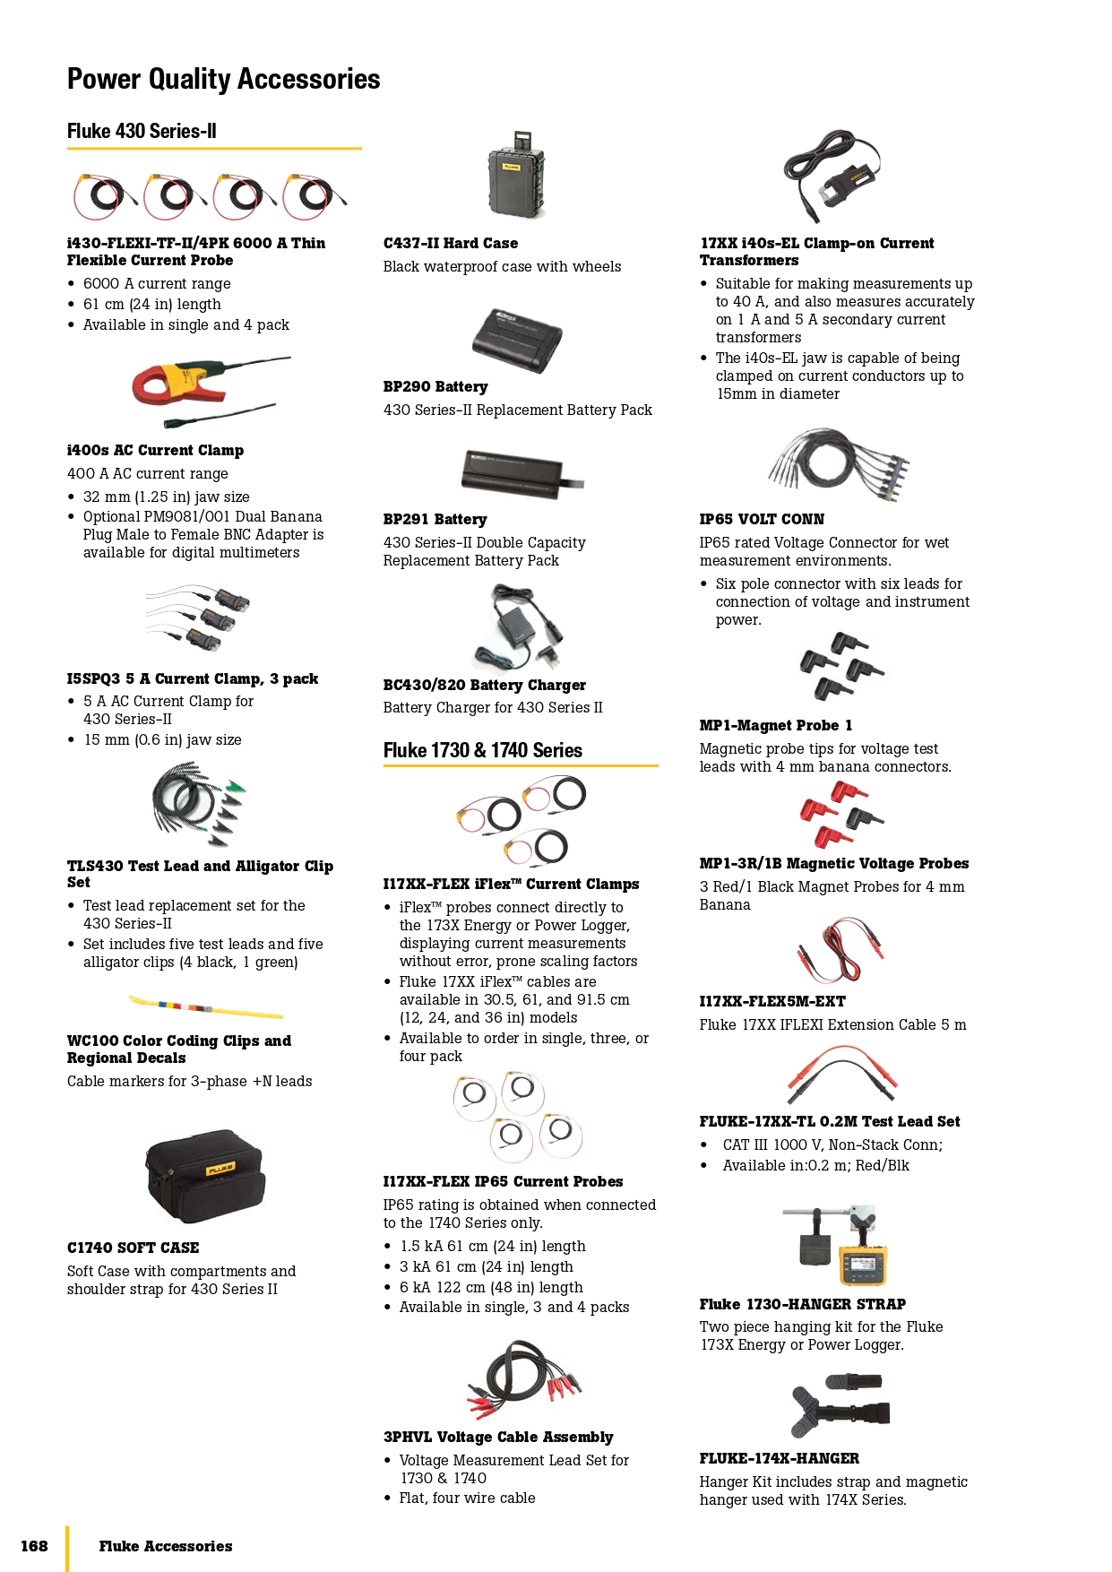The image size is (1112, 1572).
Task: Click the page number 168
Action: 34,1546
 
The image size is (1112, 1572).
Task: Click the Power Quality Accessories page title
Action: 223,79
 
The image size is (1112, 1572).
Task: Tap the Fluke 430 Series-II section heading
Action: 142,131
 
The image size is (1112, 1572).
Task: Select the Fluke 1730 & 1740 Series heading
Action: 482,750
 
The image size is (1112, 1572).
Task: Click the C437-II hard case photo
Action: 517,177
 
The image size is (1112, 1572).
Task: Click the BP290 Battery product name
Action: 435,386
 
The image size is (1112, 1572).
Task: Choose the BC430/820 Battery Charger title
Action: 484,685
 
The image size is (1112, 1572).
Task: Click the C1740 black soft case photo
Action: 205,1176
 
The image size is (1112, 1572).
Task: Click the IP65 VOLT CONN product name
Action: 762,519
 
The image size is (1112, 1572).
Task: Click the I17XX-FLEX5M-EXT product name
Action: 772,1001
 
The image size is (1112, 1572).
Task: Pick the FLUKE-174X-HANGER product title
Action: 779,1458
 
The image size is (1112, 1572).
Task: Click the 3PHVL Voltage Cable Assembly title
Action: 498,1437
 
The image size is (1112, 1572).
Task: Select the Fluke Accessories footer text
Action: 166,1546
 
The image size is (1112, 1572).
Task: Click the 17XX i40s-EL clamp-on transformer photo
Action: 833,175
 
